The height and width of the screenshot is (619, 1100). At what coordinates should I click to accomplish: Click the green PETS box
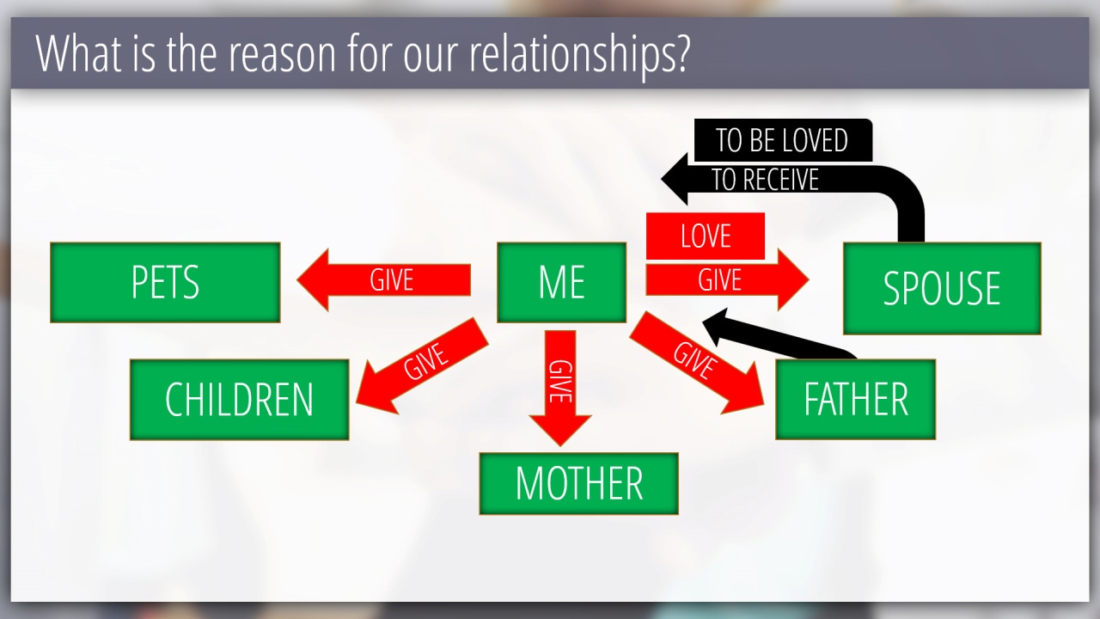[x=165, y=283]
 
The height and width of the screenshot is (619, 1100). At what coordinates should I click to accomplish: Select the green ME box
[x=561, y=283]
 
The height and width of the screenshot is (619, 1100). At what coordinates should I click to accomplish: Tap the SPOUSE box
[x=942, y=288]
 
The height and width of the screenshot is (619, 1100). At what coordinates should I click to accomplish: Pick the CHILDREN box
[x=239, y=400]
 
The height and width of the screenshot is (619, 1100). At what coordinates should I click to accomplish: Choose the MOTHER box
[x=578, y=483]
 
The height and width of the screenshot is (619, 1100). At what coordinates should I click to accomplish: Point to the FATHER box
[x=855, y=399]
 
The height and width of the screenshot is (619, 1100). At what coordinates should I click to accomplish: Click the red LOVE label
[x=706, y=236]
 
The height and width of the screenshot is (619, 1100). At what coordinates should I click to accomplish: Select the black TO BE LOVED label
[x=783, y=140]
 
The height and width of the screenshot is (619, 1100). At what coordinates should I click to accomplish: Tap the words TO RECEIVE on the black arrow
[x=765, y=180]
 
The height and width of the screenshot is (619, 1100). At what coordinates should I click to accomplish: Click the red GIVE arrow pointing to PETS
[x=383, y=280]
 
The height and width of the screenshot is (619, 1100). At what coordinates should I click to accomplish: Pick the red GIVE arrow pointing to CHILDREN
[x=422, y=366]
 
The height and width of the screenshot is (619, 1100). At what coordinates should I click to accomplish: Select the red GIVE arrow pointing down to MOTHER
[x=559, y=388]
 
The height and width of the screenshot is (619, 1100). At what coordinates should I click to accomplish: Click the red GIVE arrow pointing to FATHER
[x=696, y=363]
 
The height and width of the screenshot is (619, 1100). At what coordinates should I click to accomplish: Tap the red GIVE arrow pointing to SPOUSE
[x=727, y=280]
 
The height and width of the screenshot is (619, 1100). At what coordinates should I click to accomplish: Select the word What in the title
[x=78, y=53]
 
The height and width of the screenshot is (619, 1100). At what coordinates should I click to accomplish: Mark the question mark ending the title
[x=682, y=53]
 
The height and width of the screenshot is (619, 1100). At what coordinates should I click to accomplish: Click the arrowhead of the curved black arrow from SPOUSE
[x=675, y=179]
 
